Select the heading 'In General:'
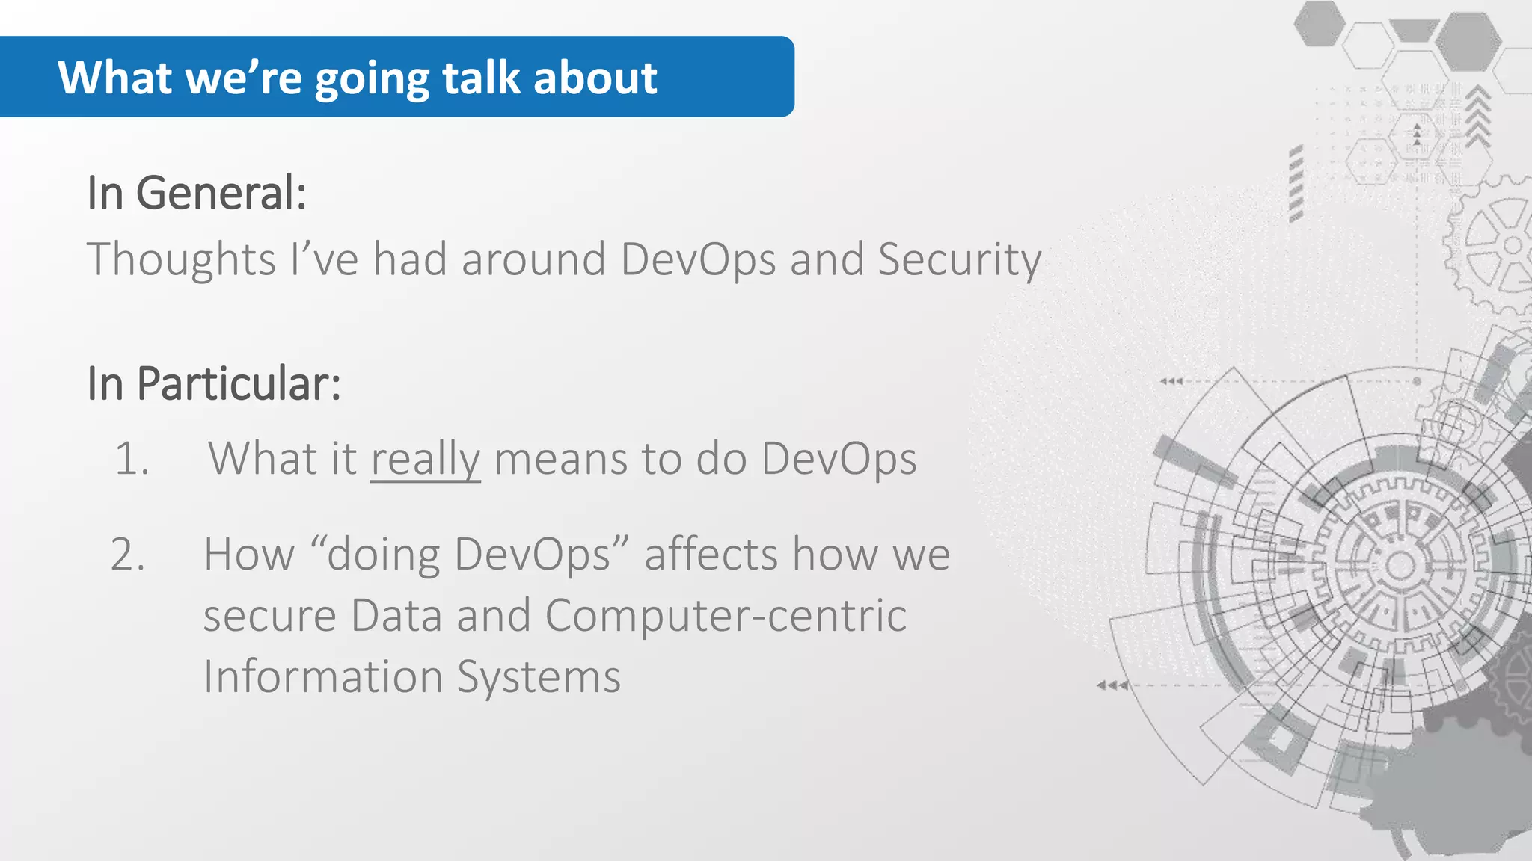pos(197,193)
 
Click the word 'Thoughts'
pos(182,259)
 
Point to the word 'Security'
pos(959,260)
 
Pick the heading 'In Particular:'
pos(214,384)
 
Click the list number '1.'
pos(132,458)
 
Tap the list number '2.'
pos(129,555)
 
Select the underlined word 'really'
pos(425,459)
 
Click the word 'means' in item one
pos(560,459)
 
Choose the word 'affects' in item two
pos(711,555)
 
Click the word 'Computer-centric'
pos(726,616)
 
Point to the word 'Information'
pos(323,677)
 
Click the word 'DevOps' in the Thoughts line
pos(698,260)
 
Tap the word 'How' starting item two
pos(249,555)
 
